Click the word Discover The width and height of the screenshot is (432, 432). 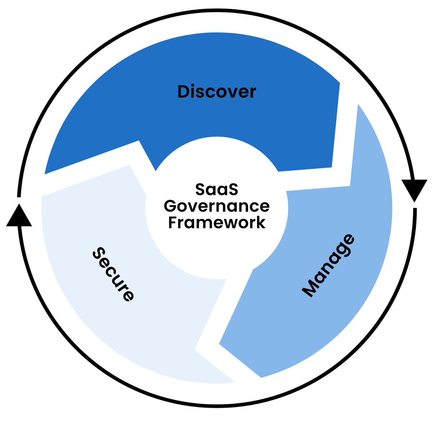217,92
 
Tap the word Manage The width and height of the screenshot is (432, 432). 328,266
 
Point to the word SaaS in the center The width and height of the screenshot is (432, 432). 217,189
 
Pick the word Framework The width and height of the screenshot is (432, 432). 217,223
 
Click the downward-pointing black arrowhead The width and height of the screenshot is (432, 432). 414,190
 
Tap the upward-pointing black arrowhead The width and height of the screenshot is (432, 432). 19,216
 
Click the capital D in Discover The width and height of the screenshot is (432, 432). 185,92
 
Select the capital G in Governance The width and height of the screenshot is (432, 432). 171,206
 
